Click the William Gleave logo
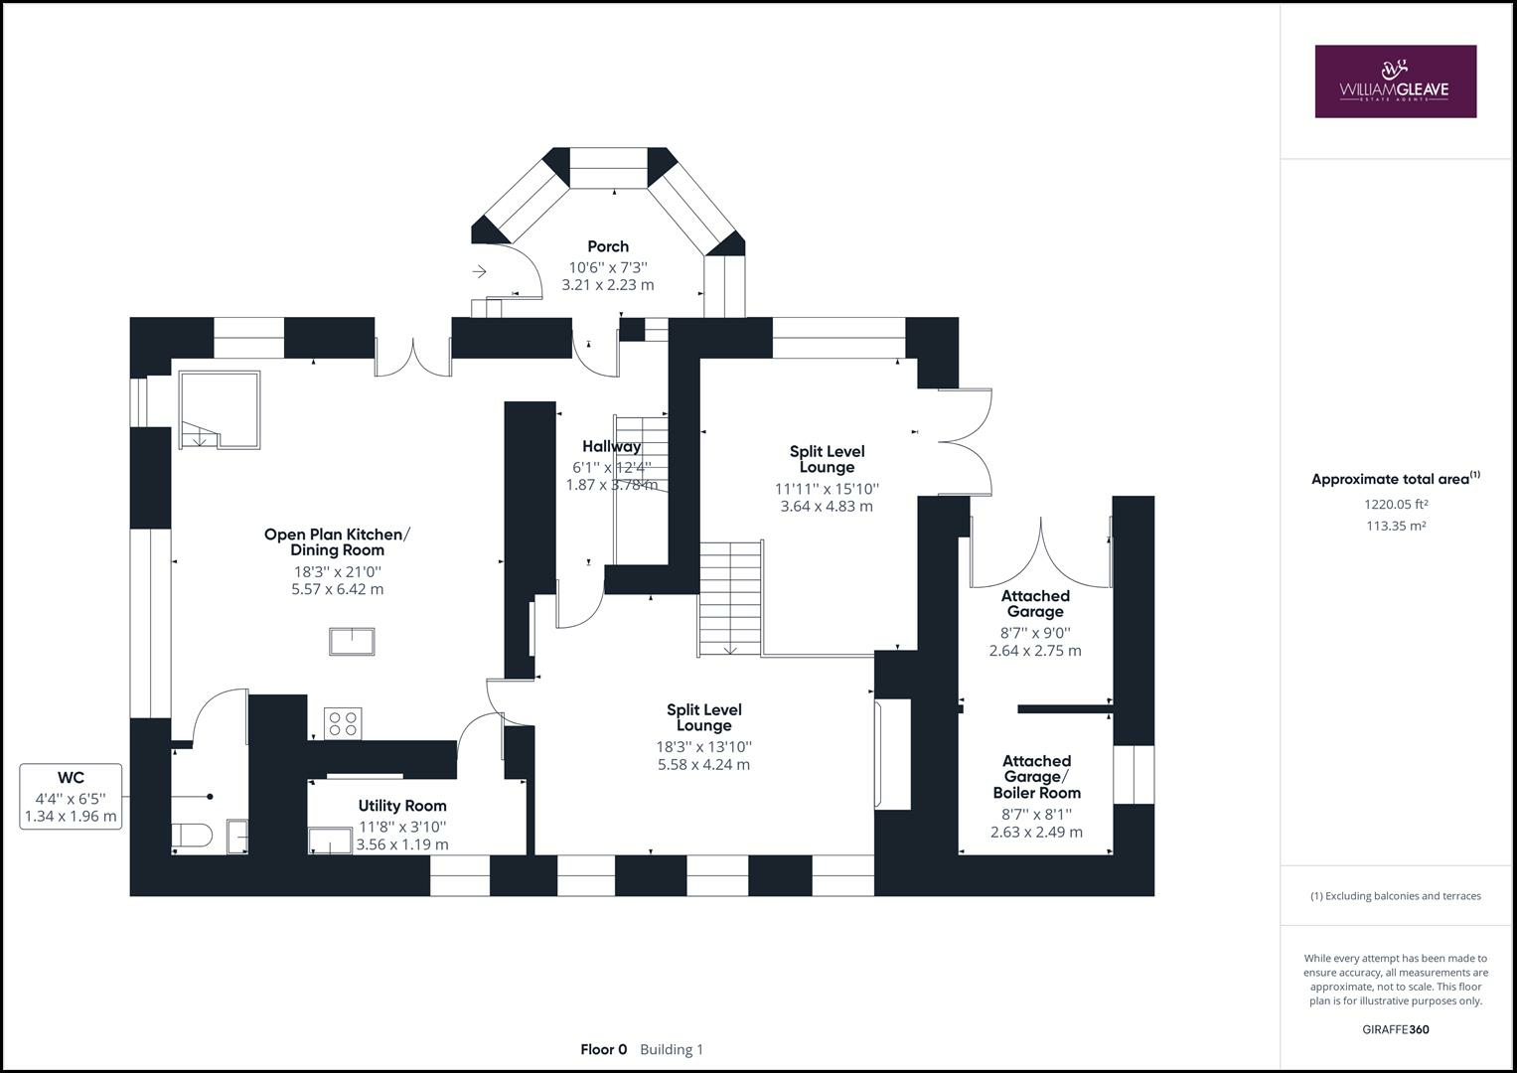(1395, 81)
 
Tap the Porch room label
(608, 246)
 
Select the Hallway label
(612, 446)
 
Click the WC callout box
(71, 796)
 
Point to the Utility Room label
(402, 806)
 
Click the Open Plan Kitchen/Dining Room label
(337, 541)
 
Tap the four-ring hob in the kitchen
(343, 722)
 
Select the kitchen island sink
(352, 641)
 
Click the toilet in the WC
(191, 836)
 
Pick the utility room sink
(329, 841)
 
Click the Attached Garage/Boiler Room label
(1036, 777)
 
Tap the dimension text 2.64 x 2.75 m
(1035, 651)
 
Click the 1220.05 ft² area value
(1395, 504)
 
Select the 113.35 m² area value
(1395, 526)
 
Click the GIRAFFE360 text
(1395, 1029)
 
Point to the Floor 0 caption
(603, 1049)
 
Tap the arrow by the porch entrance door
(479, 271)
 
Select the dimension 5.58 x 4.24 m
(703, 764)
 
